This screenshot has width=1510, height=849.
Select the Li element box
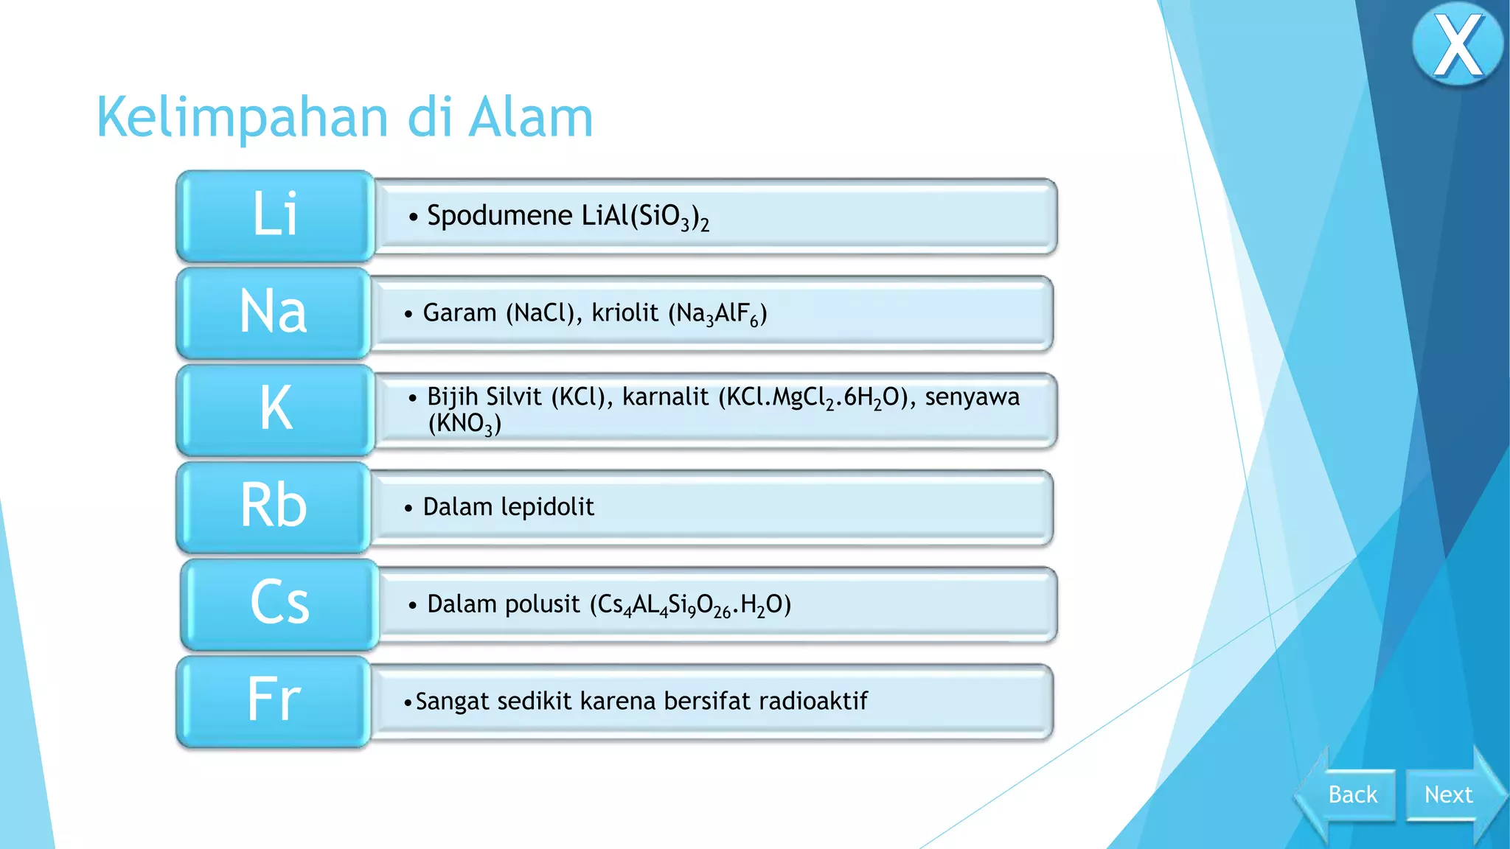pyautogui.click(x=275, y=215)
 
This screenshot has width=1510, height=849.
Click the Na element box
pyautogui.click(x=273, y=312)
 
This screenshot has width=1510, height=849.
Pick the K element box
pyautogui.click(x=275, y=409)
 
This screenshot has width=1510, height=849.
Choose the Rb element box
pyautogui.click(x=273, y=506)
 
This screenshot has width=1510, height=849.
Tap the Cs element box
pyautogui.click(x=279, y=603)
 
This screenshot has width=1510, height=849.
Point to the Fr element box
pyautogui.click(x=273, y=700)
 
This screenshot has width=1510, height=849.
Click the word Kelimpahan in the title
pyautogui.click(x=242, y=118)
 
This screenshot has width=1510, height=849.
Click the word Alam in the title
pyautogui.click(x=531, y=118)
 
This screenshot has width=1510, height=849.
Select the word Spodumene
pyautogui.click(x=499, y=216)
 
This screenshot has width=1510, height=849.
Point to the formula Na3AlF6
pyautogui.click(x=717, y=314)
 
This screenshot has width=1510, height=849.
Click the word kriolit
pyautogui.click(x=624, y=313)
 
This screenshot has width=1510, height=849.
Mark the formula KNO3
pyautogui.click(x=465, y=424)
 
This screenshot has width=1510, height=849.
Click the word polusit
pyautogui.click(x=544, y=604)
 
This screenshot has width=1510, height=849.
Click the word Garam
pyautogui.click(x=459, y=313)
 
